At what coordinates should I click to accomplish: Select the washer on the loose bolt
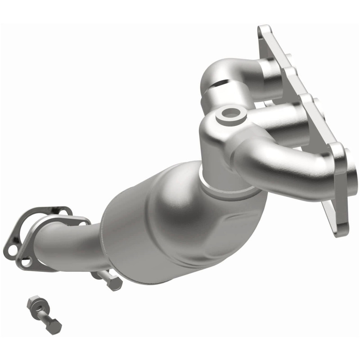tap(40, 309)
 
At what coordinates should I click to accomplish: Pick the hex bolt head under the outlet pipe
tap(114, 283)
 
